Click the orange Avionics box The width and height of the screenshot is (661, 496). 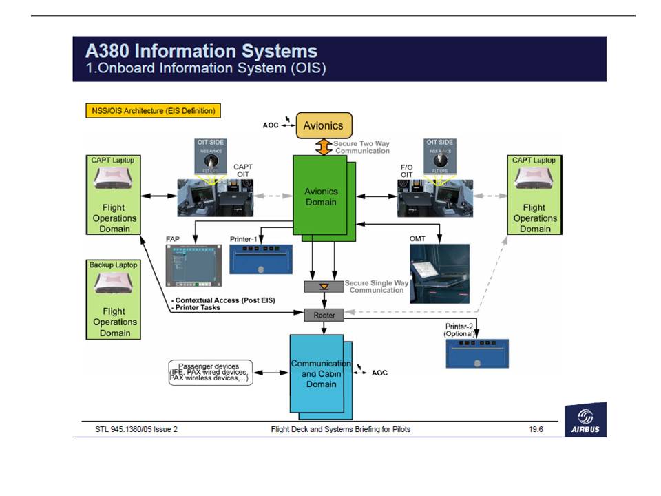pos(324,126)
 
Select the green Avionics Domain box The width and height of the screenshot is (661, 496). pos(320,196)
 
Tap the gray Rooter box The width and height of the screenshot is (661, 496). pos(324,315)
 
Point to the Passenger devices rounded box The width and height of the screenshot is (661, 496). pos(211,373)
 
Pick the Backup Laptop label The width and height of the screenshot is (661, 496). pos(113,265)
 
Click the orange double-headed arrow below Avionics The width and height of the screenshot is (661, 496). pos(324,147)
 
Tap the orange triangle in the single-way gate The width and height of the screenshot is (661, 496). pos(324,286)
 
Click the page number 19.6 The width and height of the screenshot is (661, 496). pos(536,430)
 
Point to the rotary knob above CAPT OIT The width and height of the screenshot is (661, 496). pos(210,159)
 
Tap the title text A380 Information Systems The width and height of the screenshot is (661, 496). pos(201,51)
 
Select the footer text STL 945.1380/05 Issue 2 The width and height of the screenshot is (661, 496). pos(136,430)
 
